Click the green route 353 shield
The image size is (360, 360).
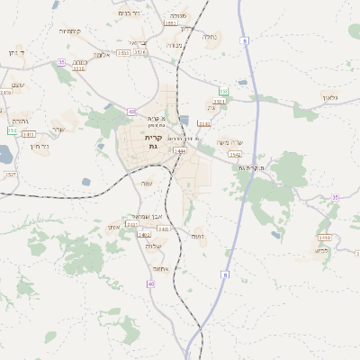tap(222, 91)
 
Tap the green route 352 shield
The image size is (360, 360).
tap(12, 130)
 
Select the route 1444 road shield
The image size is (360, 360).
tap(180, 151)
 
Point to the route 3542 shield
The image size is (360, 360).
tap(234, 155)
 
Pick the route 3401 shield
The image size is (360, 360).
tap(144, 234)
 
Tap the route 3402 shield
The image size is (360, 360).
tap(164, 229)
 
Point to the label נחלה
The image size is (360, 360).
tap(210, 37)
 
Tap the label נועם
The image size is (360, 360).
tap(197, 236)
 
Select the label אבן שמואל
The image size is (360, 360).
tap(145, 216)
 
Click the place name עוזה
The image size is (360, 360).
tap(146, 183)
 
